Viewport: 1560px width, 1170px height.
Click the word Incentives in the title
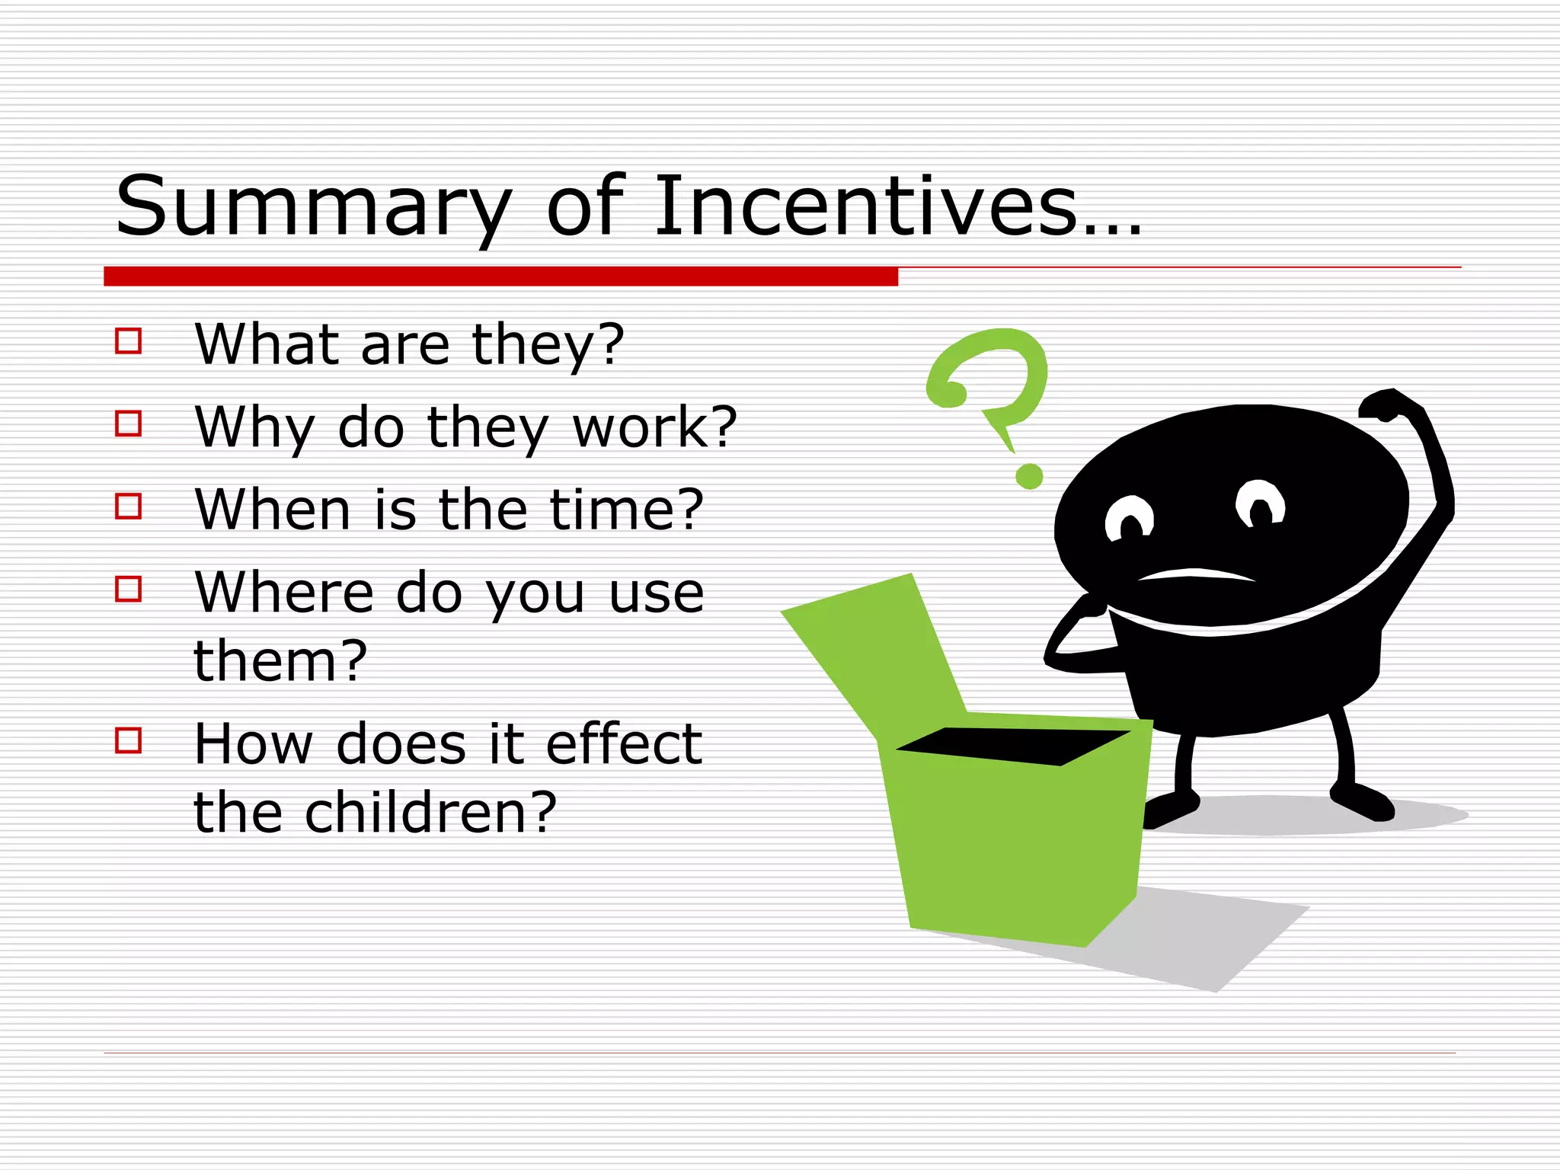point(865,206)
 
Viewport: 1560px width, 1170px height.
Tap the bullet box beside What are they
point(128,340)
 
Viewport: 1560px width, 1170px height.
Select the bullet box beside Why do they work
point(128,424)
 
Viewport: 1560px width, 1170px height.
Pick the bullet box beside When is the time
point(128,506)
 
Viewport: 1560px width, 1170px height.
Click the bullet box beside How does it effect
point(128,740)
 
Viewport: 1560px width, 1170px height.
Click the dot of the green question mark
point(1029,477)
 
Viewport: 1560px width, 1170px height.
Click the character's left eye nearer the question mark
point(1130,520)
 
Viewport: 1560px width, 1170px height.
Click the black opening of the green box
point(1013,746)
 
